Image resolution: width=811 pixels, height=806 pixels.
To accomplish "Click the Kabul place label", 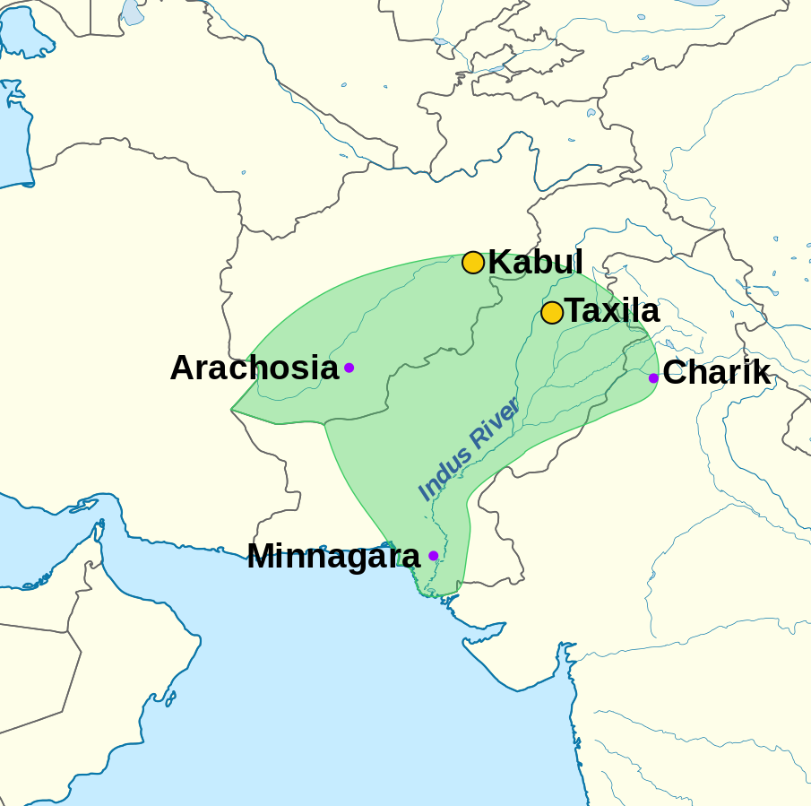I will point(535,263).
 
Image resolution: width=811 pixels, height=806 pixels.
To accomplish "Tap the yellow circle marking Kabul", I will point(473,263).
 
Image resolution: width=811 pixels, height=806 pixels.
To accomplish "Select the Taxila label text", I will point(612,311).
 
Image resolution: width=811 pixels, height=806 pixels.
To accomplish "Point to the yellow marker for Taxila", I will point(552,313).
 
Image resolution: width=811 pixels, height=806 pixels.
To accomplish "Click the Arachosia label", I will point(254,368).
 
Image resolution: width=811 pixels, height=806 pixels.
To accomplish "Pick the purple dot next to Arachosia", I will point(349,368).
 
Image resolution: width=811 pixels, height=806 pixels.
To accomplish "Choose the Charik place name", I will point(716,372).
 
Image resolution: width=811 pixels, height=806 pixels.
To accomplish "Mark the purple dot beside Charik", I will point(653,378).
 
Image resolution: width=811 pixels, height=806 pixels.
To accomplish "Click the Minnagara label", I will point(332,556).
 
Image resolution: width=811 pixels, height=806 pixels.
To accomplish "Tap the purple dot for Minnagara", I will point(433,556).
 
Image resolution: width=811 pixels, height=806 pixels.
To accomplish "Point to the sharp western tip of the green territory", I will point(232,410).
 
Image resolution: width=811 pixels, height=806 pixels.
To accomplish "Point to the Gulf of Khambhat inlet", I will point(565,659).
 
